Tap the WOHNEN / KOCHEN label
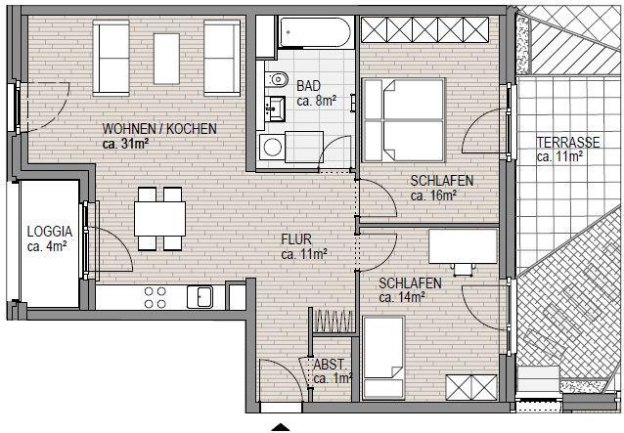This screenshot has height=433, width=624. click(159, 129)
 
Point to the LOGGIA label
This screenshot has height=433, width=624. click(48, 232)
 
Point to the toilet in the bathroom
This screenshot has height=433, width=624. click(276, 78)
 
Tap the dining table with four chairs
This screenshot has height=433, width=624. click(159, 218)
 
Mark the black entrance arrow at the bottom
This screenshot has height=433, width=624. click(281, 427)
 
